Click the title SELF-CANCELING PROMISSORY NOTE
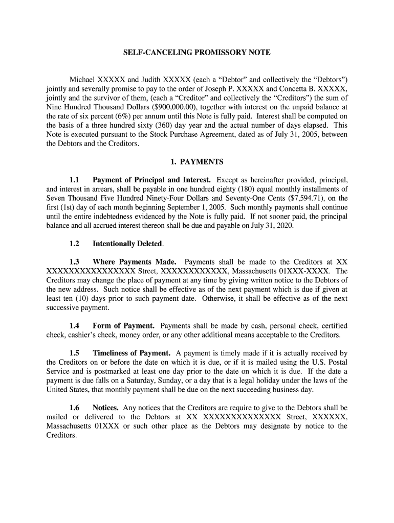[196, 53]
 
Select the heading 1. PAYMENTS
[196, 162]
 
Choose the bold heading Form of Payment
[123, 325]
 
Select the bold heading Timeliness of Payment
[132, 353]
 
